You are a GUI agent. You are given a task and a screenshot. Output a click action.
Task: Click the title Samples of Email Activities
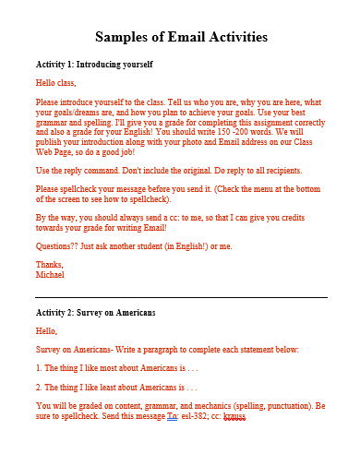click(181, 38)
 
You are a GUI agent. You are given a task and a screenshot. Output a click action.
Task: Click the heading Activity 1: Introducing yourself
click(93, 65)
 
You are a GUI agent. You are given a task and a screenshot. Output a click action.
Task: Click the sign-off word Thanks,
click(50, 265)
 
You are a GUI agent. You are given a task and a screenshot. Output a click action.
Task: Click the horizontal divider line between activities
click(181, 298)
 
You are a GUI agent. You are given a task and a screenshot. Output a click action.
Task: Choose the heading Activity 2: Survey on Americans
click(95, 313)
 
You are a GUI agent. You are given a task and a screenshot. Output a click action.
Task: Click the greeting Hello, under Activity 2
click(46, 331)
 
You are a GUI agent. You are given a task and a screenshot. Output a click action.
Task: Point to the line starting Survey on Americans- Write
click(167, 350)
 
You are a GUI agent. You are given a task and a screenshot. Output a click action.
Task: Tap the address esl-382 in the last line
click(193, 416)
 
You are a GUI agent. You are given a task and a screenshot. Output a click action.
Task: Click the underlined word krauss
click(234, 416)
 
